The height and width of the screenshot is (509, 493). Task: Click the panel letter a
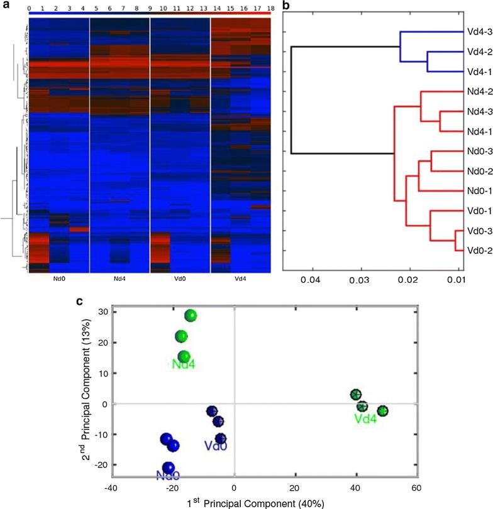pyautogui.click(x=4, y=5)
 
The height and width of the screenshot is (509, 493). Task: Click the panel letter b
pyautogui.click(x=285, y=5)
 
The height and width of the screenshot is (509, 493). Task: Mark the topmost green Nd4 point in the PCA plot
pyautogui.click(x=191, y=315)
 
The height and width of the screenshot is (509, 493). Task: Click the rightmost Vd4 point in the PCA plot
pyautogui.click(x=382, y=411)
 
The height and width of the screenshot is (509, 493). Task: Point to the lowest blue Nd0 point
pyautogui.click(x=168, y=468)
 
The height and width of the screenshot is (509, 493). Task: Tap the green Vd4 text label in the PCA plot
pyautogui.click(x=365, y=419)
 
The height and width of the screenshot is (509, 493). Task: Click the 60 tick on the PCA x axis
pyautogui.click(x=415, y=488)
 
